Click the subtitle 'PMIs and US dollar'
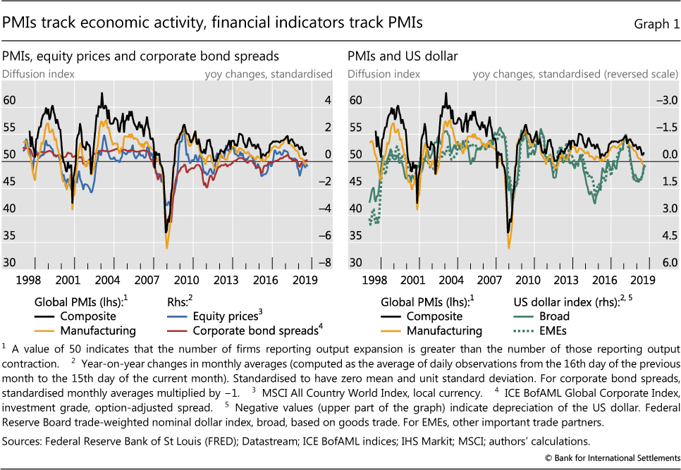point(398,56)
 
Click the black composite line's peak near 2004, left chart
point(103,93)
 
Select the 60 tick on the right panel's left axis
point(355,101)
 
